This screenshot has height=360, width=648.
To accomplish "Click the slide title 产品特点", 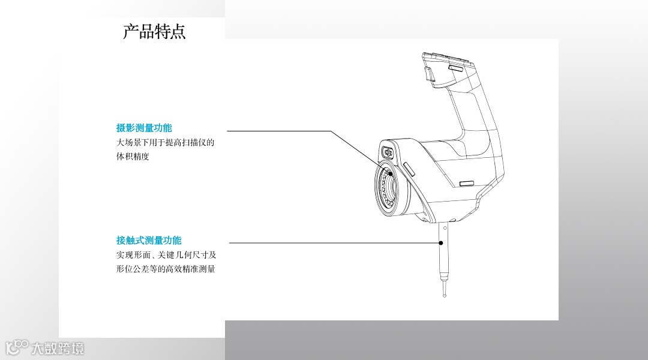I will (154, 31).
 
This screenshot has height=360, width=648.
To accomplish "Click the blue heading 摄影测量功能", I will (144, 128).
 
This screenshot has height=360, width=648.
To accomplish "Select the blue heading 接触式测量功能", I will (149, 241).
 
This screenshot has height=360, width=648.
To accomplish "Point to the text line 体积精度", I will (133, 157).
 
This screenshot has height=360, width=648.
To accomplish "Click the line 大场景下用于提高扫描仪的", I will (165, 143).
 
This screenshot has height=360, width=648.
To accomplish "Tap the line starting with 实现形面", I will (166, 255).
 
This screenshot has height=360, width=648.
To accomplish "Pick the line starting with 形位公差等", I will (166, 269).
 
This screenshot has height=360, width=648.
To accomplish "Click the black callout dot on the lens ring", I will (390, 173).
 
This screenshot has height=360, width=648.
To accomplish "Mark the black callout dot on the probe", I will (441, 243).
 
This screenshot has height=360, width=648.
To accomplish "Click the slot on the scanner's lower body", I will (467, 182).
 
